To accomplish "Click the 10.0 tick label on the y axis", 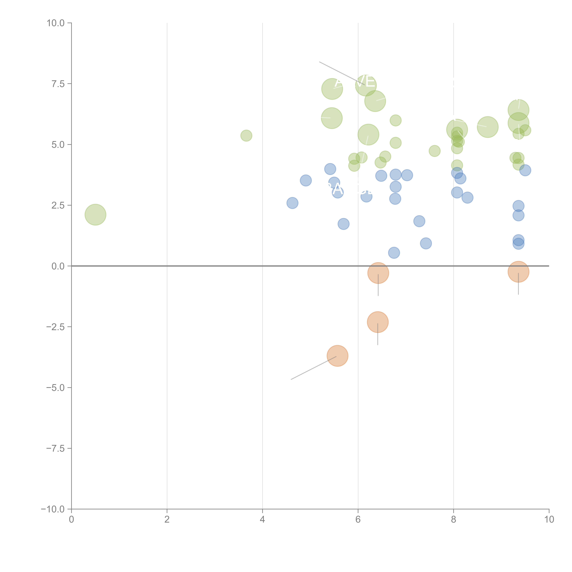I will pos(56,23).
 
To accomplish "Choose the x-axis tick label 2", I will pos(167,520).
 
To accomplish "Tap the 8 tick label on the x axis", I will pos(454,520).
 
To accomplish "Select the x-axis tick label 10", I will pos(549,520).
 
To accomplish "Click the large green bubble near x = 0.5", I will pos(95,215).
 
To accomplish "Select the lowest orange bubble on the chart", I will pos(337,356).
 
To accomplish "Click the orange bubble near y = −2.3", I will pos(378,322).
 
